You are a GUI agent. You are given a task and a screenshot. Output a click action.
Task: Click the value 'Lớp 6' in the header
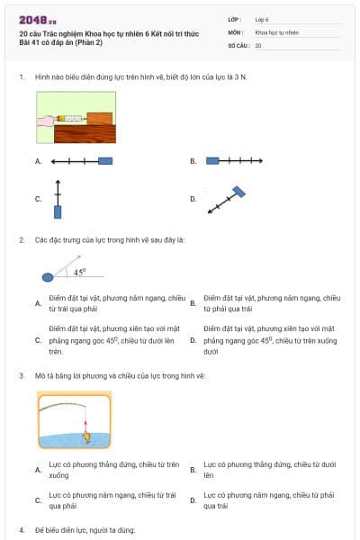[262, 18]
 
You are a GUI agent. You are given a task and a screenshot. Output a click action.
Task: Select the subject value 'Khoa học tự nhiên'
[275, 31]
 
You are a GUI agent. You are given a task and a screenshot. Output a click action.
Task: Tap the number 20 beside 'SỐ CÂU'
[258, 44]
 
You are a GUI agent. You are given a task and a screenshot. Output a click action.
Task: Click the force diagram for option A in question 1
[82, 161]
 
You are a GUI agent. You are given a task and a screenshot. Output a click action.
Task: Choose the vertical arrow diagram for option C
[58, 199]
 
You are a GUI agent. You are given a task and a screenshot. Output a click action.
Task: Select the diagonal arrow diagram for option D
[229, 199]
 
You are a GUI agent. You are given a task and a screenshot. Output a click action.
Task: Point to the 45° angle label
[79, 271]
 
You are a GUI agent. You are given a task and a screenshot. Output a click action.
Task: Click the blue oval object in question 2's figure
[48, 277]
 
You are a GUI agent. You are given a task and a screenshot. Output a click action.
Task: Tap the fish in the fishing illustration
[86, 437]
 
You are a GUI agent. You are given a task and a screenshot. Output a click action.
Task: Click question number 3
[22, 374]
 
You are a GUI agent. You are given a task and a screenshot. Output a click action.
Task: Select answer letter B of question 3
[193, 470]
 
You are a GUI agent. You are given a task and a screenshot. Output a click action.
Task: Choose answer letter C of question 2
[38, 341]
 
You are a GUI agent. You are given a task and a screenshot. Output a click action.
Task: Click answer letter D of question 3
[193, 500]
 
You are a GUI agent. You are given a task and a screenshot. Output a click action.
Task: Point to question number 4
[22, 530]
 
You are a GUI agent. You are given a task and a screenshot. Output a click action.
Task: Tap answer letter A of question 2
[38, 303]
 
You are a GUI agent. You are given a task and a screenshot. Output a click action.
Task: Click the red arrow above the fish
[85, 423]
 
